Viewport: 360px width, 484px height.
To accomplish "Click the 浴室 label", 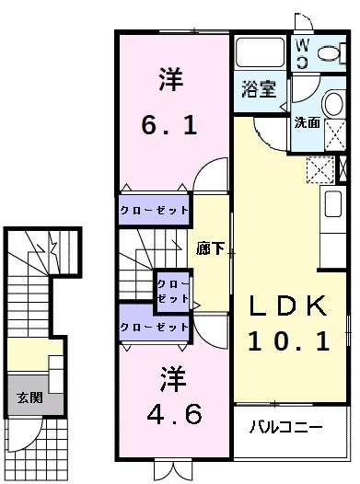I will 260,89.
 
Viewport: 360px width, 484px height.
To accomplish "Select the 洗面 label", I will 307,122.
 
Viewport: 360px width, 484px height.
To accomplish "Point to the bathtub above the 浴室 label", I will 261,53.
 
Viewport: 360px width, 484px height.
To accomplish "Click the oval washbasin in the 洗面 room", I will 331,103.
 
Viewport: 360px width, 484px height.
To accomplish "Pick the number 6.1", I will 169,123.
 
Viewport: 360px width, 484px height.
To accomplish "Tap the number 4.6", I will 169,414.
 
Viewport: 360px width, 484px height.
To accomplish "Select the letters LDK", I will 290,305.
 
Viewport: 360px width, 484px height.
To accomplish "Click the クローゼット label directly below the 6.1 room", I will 154,211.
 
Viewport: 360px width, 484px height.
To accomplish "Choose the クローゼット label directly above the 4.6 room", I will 154,328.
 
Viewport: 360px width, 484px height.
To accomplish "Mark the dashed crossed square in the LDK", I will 321,168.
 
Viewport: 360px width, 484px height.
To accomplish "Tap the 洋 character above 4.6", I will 169,376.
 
